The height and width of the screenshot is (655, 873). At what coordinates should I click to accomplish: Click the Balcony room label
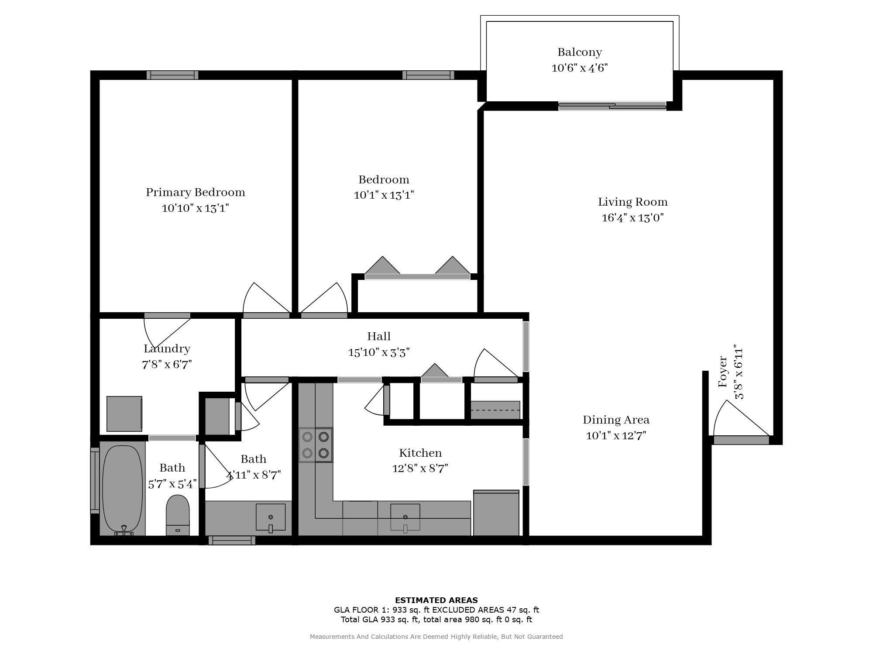tap(579, 52)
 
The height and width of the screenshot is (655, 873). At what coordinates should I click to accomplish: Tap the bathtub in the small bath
tap(122, 488)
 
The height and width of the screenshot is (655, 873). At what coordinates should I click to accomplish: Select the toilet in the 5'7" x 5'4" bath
tap(178, 514)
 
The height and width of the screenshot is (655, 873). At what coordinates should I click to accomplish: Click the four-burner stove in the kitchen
tap(315, 445)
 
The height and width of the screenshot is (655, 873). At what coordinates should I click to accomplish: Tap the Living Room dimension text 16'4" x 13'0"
tap(632, 217)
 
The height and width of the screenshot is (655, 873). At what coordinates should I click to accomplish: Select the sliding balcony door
tap(612, 106)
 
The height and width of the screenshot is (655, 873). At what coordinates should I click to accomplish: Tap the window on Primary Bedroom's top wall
tap(172, 75)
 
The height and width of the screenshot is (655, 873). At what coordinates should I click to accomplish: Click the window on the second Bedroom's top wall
tap(428, 75)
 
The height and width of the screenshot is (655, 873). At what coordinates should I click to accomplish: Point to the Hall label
tap(378, 336)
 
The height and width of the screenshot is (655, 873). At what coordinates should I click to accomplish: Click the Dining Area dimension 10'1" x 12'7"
tap(615, 436)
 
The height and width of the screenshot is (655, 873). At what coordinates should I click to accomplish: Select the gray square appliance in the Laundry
tap(124, 414)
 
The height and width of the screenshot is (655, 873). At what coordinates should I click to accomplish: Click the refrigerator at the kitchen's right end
tap(496, 513)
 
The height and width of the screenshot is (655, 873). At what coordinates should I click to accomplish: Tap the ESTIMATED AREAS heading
tap(436, 600)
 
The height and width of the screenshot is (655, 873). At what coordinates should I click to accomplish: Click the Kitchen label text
tap(420, 453)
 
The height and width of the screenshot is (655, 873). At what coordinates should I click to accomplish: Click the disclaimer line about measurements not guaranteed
tap(436, 637)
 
